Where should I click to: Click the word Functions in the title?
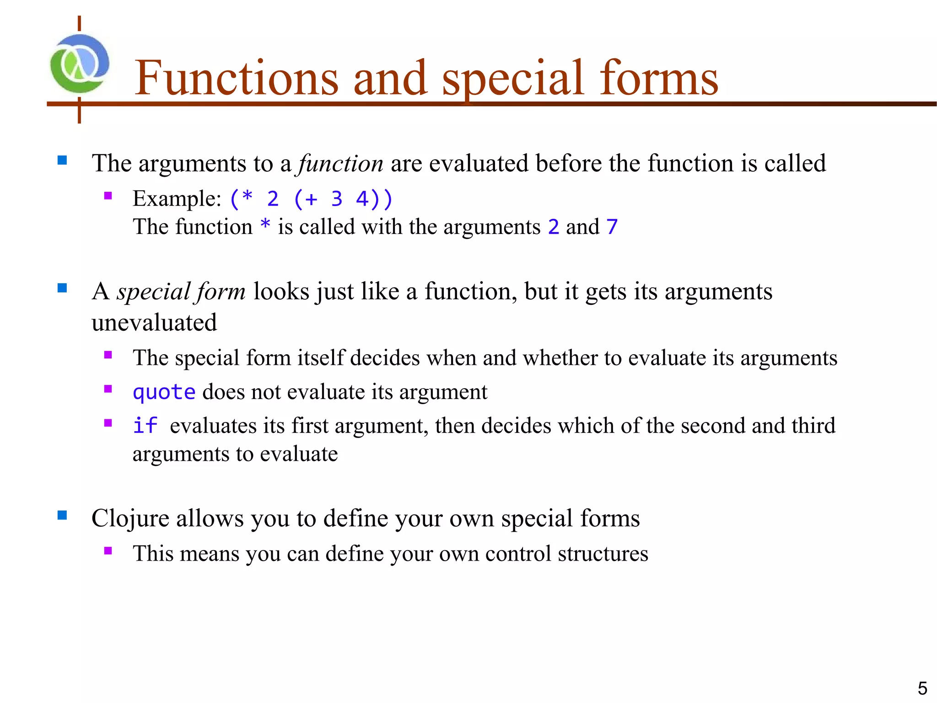coord(236,79)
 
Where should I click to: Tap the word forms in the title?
coord(658,79)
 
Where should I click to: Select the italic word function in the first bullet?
coord(340,163)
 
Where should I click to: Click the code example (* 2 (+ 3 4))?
coord(311,199)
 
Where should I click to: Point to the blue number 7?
coord(612,227)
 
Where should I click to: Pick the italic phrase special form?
coord(181,292)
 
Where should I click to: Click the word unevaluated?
coord(154,323)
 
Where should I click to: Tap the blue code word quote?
coord(164,392)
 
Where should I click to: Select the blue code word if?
coord(145,426)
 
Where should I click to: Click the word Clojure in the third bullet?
coord(130,519)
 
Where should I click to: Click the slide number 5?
coord(922,688)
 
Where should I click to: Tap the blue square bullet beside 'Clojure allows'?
coord(62,516)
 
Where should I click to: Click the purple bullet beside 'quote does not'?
coord(108,389)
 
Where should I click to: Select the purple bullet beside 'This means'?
coord(108,551)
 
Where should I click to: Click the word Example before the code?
coord(177,199)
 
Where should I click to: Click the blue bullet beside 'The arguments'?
coord(62,160)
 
